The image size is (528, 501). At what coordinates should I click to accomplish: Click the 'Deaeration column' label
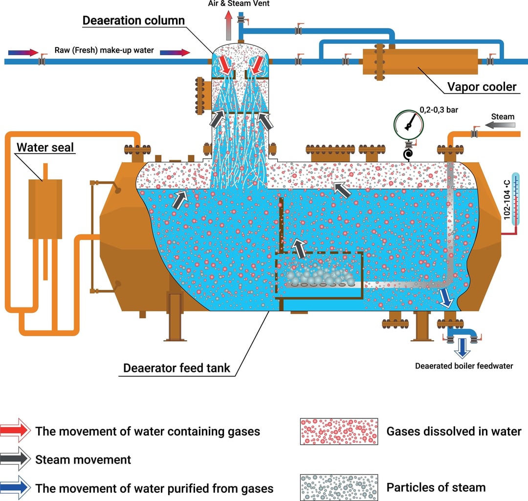133,21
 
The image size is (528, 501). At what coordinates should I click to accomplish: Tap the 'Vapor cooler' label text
482,87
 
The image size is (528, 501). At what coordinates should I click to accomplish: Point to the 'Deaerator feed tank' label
176,368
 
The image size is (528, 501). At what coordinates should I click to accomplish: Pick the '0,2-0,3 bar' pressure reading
439,110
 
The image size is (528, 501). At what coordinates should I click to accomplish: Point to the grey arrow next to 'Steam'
503,126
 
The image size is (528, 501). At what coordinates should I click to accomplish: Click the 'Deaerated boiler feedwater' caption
464,366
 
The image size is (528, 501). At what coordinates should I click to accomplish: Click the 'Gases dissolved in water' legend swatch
338,431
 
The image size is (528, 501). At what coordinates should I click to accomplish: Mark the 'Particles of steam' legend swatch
338,487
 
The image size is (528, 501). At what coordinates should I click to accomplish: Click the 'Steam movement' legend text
83,459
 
